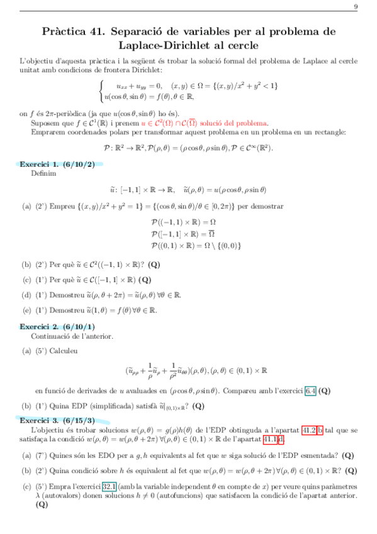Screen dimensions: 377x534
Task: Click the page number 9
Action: pyautogui.click(x=356, y=7)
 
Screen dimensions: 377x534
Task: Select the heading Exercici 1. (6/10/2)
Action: pyautogui.click(x=57, y=164)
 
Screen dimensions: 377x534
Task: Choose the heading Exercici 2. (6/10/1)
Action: pyautogui.click(x=57, y=326)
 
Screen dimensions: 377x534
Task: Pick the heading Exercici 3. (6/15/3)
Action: pyautogui.click(x=57, y=419)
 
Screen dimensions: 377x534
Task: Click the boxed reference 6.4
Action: pyautogui.click(x=310, y=390)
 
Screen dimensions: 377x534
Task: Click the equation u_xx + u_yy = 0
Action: pyautogui.click(x=139, y=85)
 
